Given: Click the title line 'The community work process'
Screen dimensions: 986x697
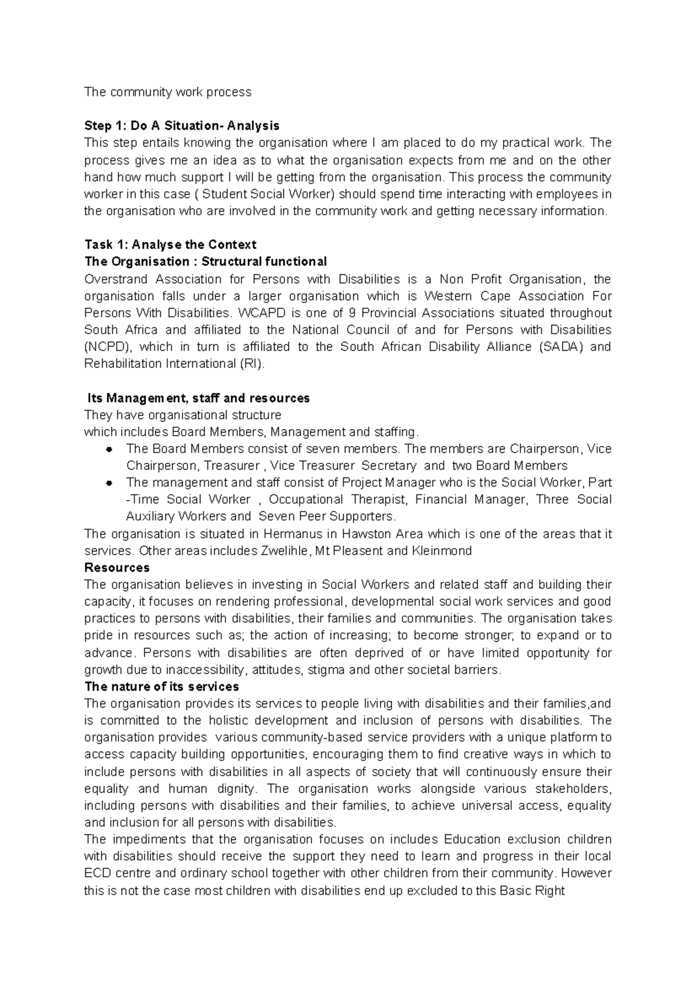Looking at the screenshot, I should click(168, 92).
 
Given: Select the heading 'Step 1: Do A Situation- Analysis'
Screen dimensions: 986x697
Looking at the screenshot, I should click(182, 126).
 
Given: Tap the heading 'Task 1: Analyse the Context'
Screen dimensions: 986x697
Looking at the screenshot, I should click(170, 244).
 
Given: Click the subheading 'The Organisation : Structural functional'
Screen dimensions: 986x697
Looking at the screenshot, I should click(206, 261).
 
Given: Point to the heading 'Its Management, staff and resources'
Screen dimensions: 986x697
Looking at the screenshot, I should click(198, 398).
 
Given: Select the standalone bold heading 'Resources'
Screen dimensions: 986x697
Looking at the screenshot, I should click(117, 567).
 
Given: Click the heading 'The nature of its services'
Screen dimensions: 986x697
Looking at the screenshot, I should click(161, 687).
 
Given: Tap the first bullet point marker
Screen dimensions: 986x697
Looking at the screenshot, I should click(109, 449).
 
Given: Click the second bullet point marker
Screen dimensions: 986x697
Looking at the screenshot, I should click(109, 483).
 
